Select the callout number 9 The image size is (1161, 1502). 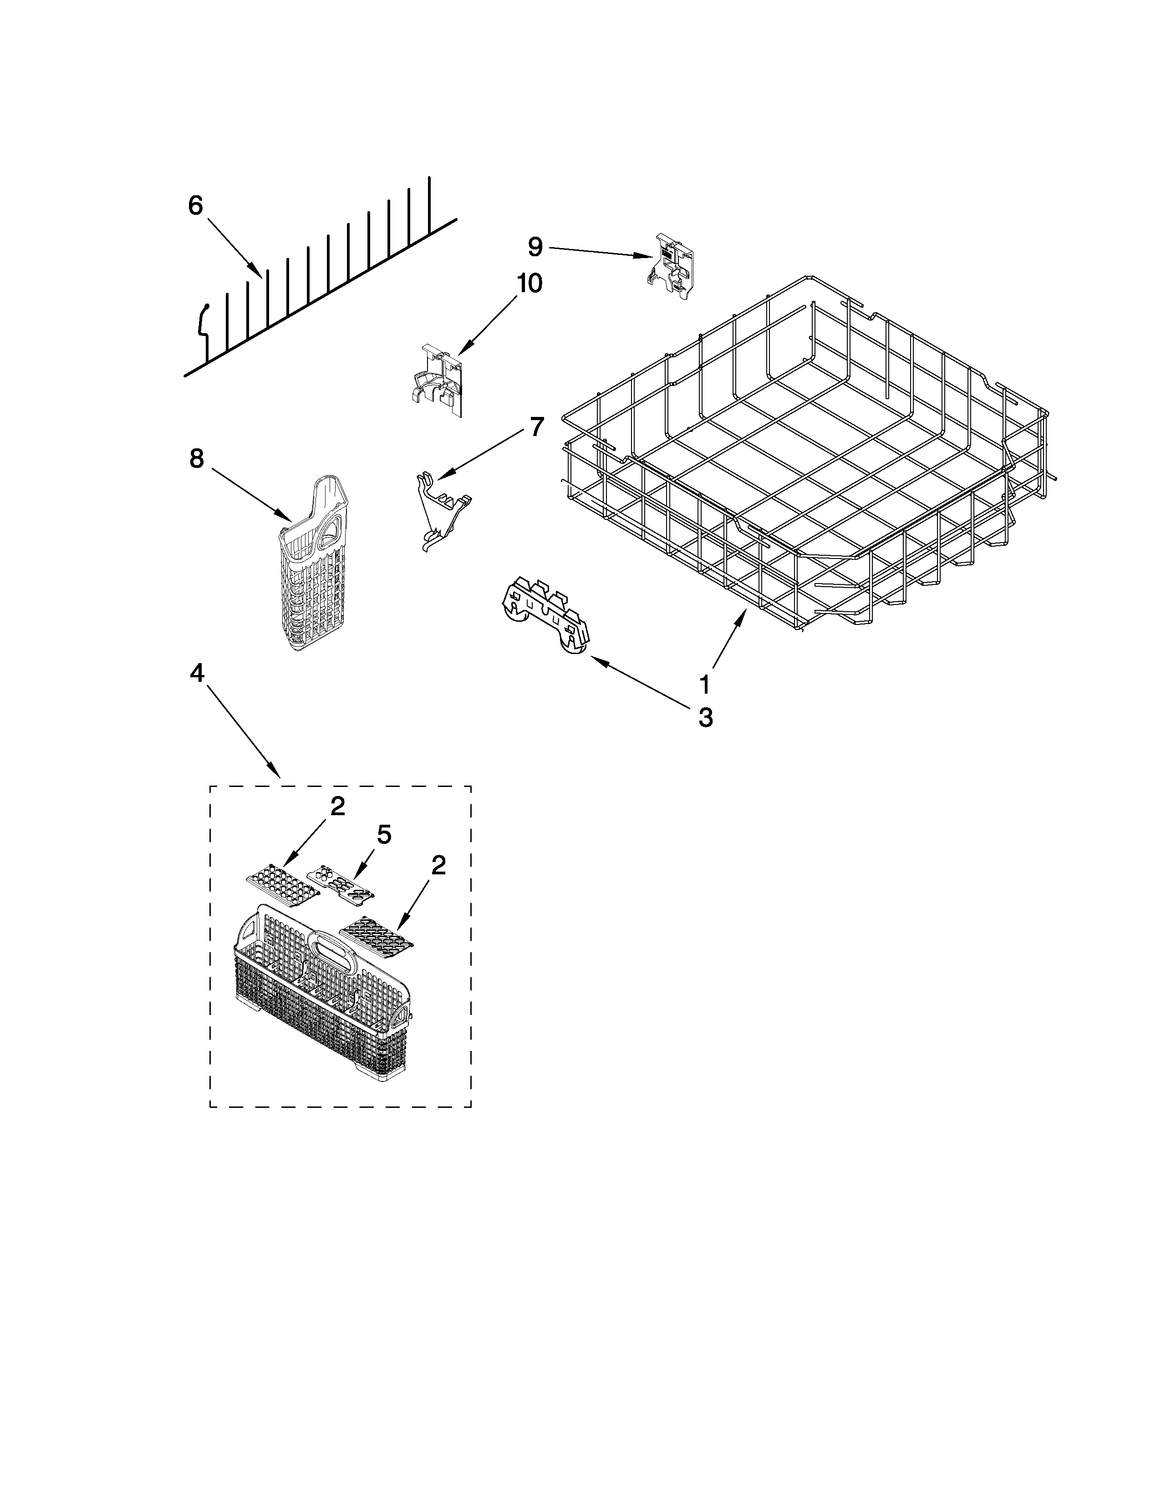[x=536, y=246]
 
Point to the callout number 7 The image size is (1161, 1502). [x=536, y=426]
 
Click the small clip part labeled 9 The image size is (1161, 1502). [x=672, y=266]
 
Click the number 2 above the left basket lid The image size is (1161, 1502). [x=337, y=806]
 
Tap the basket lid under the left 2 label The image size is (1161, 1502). [x=283, y=887]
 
